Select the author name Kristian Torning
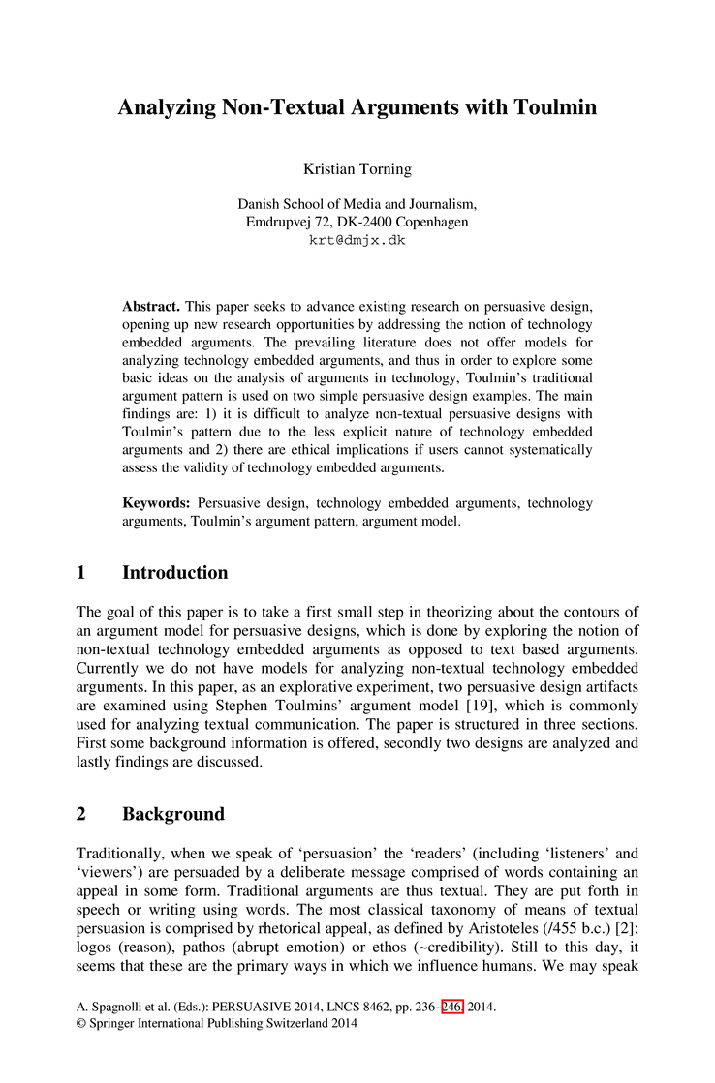pyautogui.click(x=357, y=169)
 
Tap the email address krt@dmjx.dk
pyautogui.click(x=357, y=240)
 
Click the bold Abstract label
pyautogui.click(x=151, y=306)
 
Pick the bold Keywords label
pyautogui.click(x=155, y=503)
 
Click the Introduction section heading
pyautogui.click(x=175, y=573)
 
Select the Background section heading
pyautogui.click(x=173, y=814)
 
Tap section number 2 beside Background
pyautogui.click(x=81, y=814)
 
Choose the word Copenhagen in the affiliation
pyautogui.click(x=424, y=222)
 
